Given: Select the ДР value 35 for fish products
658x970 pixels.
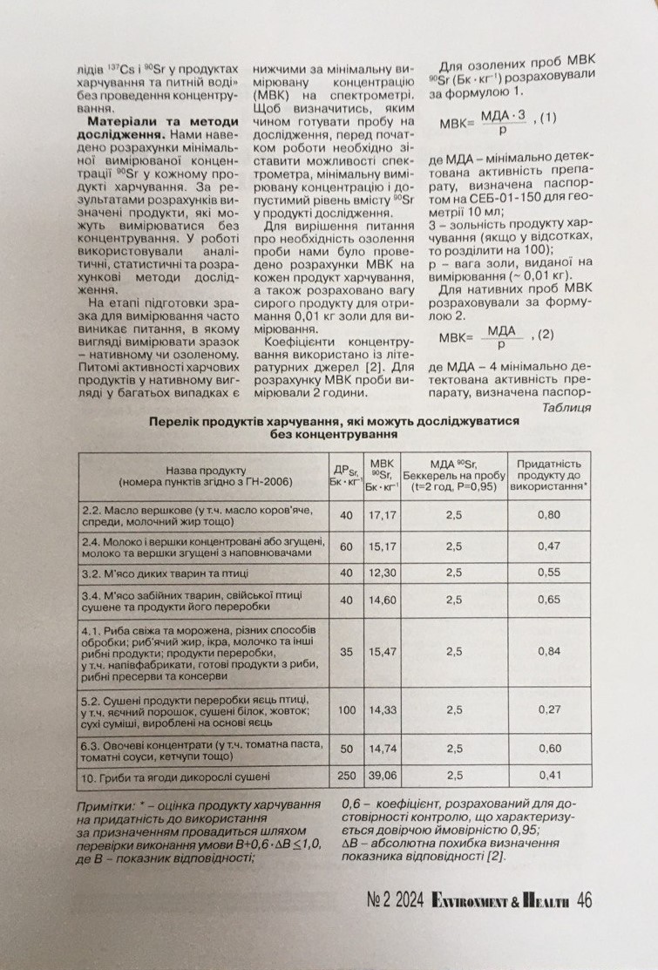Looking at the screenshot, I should click(347, 650).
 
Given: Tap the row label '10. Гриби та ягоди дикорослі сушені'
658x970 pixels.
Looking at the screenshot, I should click(174, 775).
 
